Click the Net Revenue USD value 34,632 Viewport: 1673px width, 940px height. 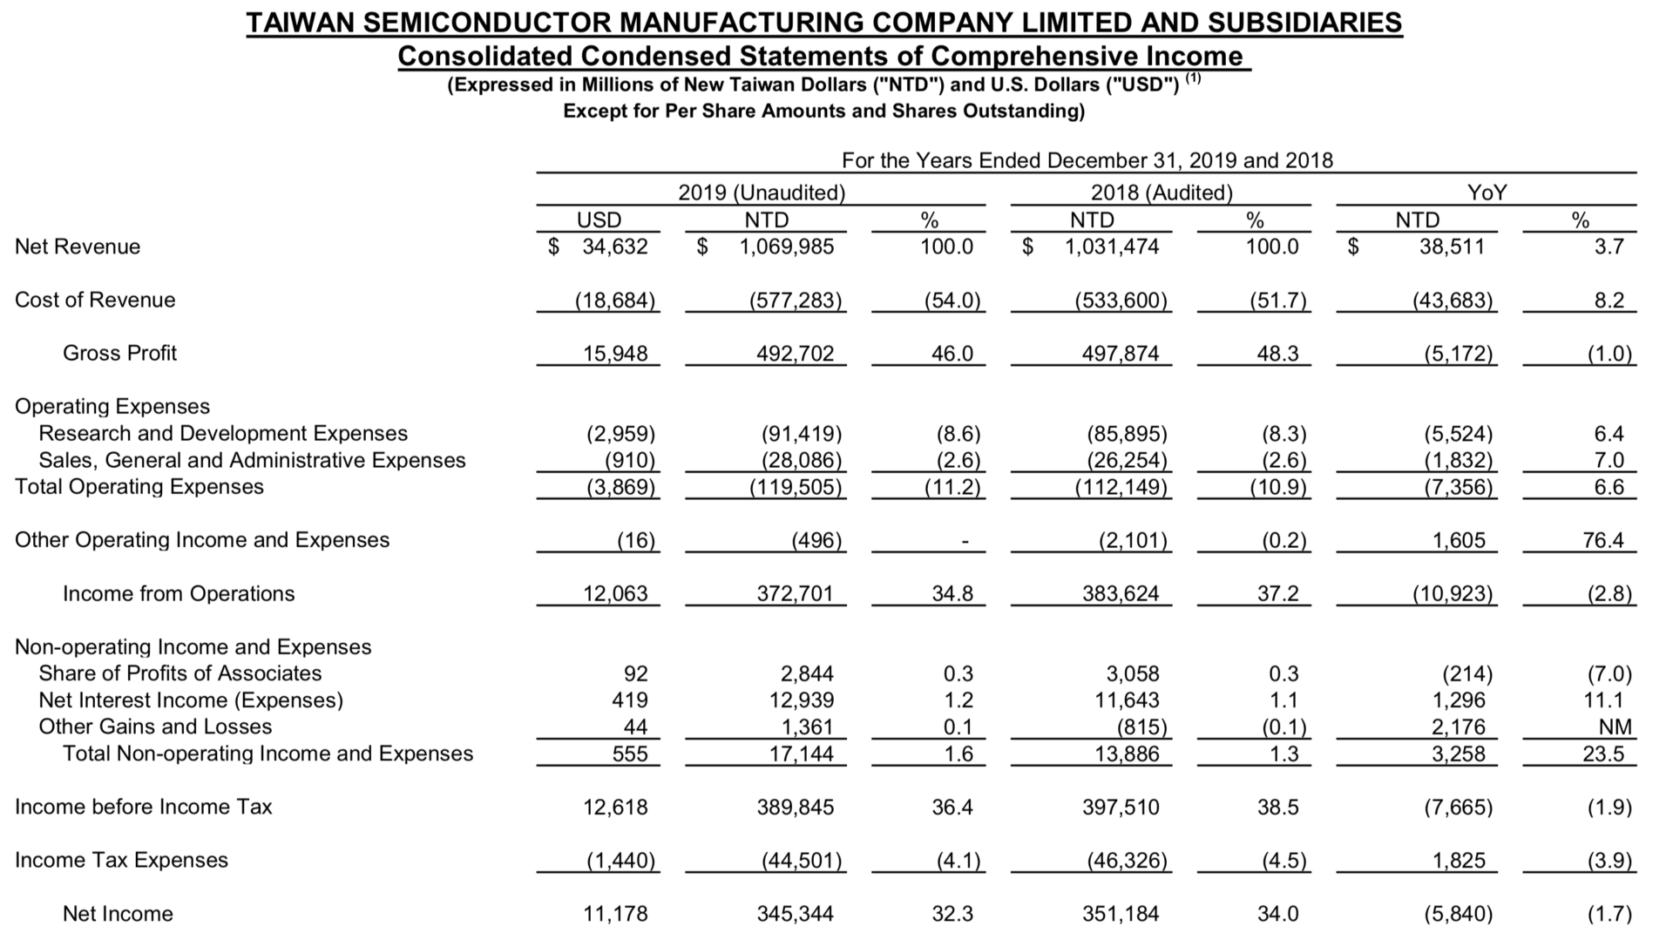(615, 247)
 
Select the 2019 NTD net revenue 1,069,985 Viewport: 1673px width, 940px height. (786, 247)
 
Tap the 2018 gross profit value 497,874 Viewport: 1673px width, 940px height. (1121, 353)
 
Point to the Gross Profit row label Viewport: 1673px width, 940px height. (119, 353)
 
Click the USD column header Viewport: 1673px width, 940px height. (599, 220)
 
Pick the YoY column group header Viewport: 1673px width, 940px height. (1487, 193)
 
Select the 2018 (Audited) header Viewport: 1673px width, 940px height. (1162, 193)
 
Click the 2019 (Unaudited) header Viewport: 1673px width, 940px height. (762, 193)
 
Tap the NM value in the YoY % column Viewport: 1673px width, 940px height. (1615, 727)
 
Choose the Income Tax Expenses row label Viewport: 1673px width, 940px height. (121, 860)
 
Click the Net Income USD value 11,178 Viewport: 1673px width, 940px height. (615, 914)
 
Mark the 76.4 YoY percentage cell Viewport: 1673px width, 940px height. (1603, 540)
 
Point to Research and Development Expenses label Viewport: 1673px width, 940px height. (223, 433)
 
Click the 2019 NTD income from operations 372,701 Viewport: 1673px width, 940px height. (795, 593)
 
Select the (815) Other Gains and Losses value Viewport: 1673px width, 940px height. (1141, 727)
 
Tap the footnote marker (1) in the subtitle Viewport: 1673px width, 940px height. (1193, 78)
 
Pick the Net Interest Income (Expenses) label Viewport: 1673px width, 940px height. (191, 700)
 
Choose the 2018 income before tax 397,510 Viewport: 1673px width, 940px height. (1121, 807)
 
